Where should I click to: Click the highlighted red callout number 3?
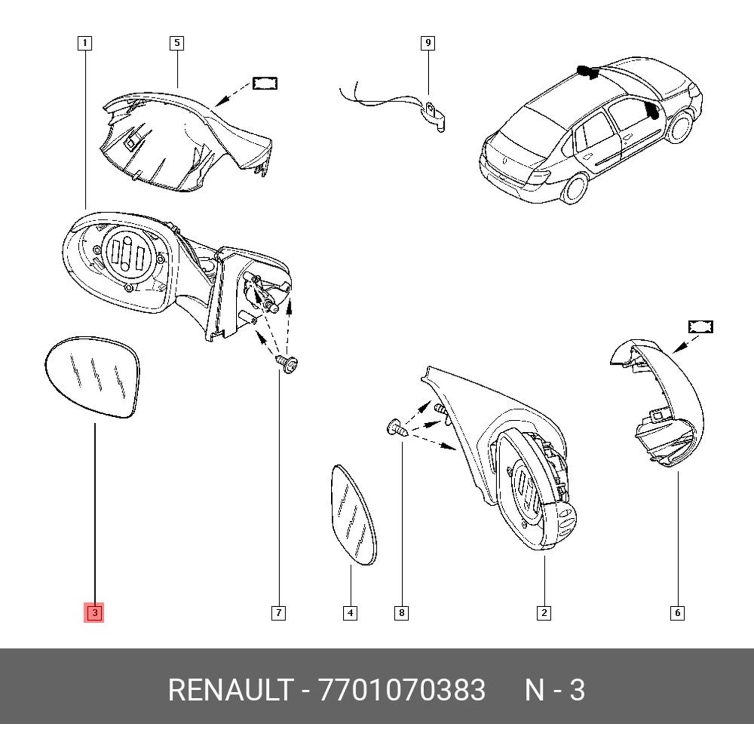click(94, 612)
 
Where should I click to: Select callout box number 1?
click(84, 43)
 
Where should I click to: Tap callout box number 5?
click(176, 43)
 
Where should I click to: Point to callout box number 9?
click(428, 43)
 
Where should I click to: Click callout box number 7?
click(278, 613)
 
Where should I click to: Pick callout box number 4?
click(350, 613)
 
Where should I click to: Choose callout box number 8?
click(402, 613)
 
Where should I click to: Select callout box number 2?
click(544, 613)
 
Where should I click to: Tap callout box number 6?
click(678, 613)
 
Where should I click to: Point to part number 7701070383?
click(402, 690)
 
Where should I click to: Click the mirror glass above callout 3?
click(92, 377)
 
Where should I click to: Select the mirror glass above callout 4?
click(353, 515)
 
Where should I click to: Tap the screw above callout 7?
click(287, 364)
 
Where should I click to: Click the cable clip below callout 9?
click(435, 117)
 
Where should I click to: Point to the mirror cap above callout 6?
click(657, 403)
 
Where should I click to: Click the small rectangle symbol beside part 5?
click(264, 83)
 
